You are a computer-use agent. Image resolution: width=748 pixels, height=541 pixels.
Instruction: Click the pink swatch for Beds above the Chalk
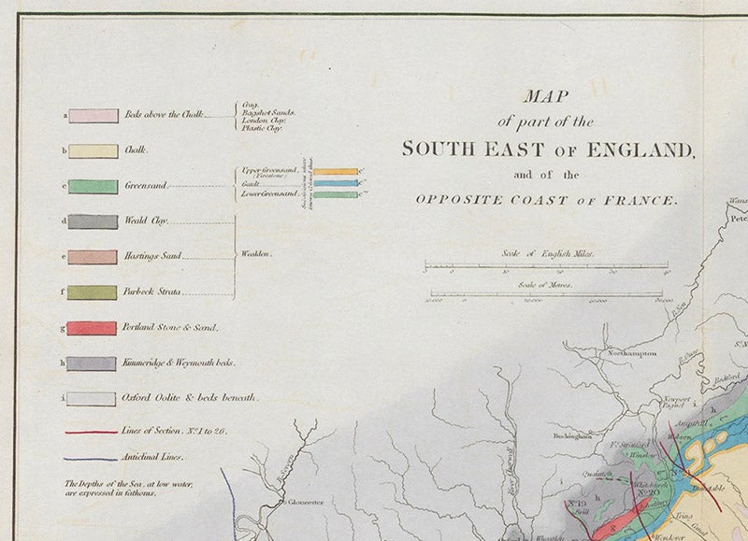(x=93, y=116)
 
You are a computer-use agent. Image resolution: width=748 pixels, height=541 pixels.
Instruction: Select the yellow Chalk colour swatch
(x=93, y=150)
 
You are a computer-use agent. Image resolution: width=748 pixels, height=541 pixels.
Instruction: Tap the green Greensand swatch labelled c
(x=93, y=186)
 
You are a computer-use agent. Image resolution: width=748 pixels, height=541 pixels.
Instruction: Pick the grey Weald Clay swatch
(x=93, y=221)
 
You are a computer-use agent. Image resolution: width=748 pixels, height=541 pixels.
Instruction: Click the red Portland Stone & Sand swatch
(x=93, y=328)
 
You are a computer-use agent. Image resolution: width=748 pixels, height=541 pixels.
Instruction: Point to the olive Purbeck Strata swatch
(x=93, y=292)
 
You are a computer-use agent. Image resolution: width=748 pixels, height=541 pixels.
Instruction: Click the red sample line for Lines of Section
(x=91, y=433)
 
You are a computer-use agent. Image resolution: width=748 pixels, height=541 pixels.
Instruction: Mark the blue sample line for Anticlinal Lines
(x=91, y=459)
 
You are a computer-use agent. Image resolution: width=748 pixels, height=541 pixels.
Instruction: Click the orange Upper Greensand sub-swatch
(x=335, y=172)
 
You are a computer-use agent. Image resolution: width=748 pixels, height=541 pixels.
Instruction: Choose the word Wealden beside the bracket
(x=256, y=254)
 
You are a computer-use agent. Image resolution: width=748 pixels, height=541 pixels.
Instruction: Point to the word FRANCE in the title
(x=647, y=199)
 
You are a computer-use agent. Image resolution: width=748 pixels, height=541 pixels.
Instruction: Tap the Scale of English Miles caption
(x=546, y=254)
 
